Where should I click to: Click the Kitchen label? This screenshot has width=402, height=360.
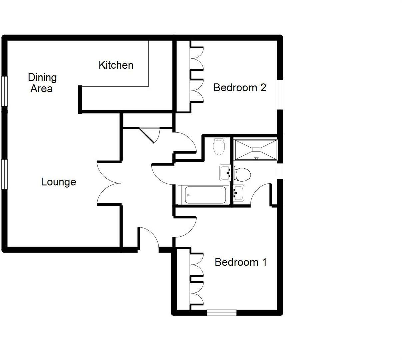(x=116, y=65)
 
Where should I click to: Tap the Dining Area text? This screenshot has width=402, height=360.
(x=42, y=83)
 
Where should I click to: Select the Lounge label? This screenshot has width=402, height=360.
(x=59, y=182)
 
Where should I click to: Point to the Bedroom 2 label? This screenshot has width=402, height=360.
(x=240, y=88)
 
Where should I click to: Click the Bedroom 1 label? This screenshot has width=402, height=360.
(x=241, y=262)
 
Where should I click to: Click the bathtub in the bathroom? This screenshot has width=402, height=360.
(x=204, y=195)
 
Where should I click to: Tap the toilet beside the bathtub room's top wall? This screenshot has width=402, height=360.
(x=219, y=147)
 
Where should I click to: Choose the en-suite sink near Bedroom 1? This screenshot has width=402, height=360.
(x=239, y=193)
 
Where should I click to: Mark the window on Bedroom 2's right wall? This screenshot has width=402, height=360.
(x=280, y=94)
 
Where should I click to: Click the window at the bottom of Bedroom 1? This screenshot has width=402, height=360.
(x=221, y=313)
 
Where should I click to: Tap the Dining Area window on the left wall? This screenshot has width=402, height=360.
(x=4, y=91)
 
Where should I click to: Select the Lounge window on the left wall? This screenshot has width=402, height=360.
(x=4, y=174)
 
